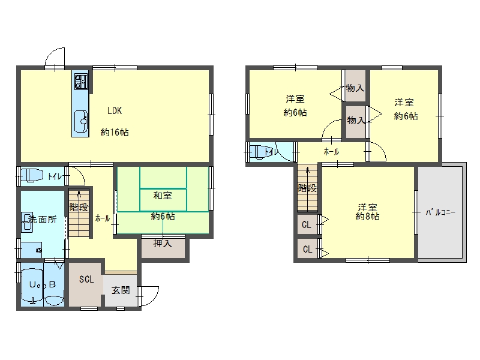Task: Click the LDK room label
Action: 115,110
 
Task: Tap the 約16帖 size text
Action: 115,132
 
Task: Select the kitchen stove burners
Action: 81,82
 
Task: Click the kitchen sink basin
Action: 81,122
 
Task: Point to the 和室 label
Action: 163,196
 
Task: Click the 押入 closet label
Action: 163,244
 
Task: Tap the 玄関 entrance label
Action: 121,290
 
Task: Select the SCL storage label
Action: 86,279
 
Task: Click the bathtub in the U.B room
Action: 32,287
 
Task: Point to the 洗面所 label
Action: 42,219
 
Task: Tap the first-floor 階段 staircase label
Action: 79,207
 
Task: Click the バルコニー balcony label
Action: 440,212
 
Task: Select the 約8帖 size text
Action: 367,217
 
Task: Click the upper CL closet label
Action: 307,224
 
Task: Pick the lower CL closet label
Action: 307,249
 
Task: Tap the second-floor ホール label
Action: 331,151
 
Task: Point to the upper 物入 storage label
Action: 355,88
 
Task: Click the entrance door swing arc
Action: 153,298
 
